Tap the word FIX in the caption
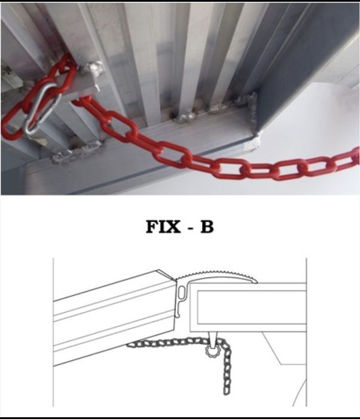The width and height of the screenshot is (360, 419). pyautogui.click(x=164, y=227)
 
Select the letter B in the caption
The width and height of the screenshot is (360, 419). pyautogui.click(x=206, y=227)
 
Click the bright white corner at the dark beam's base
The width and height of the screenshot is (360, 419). pyautogui.click(x=256, y=142)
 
